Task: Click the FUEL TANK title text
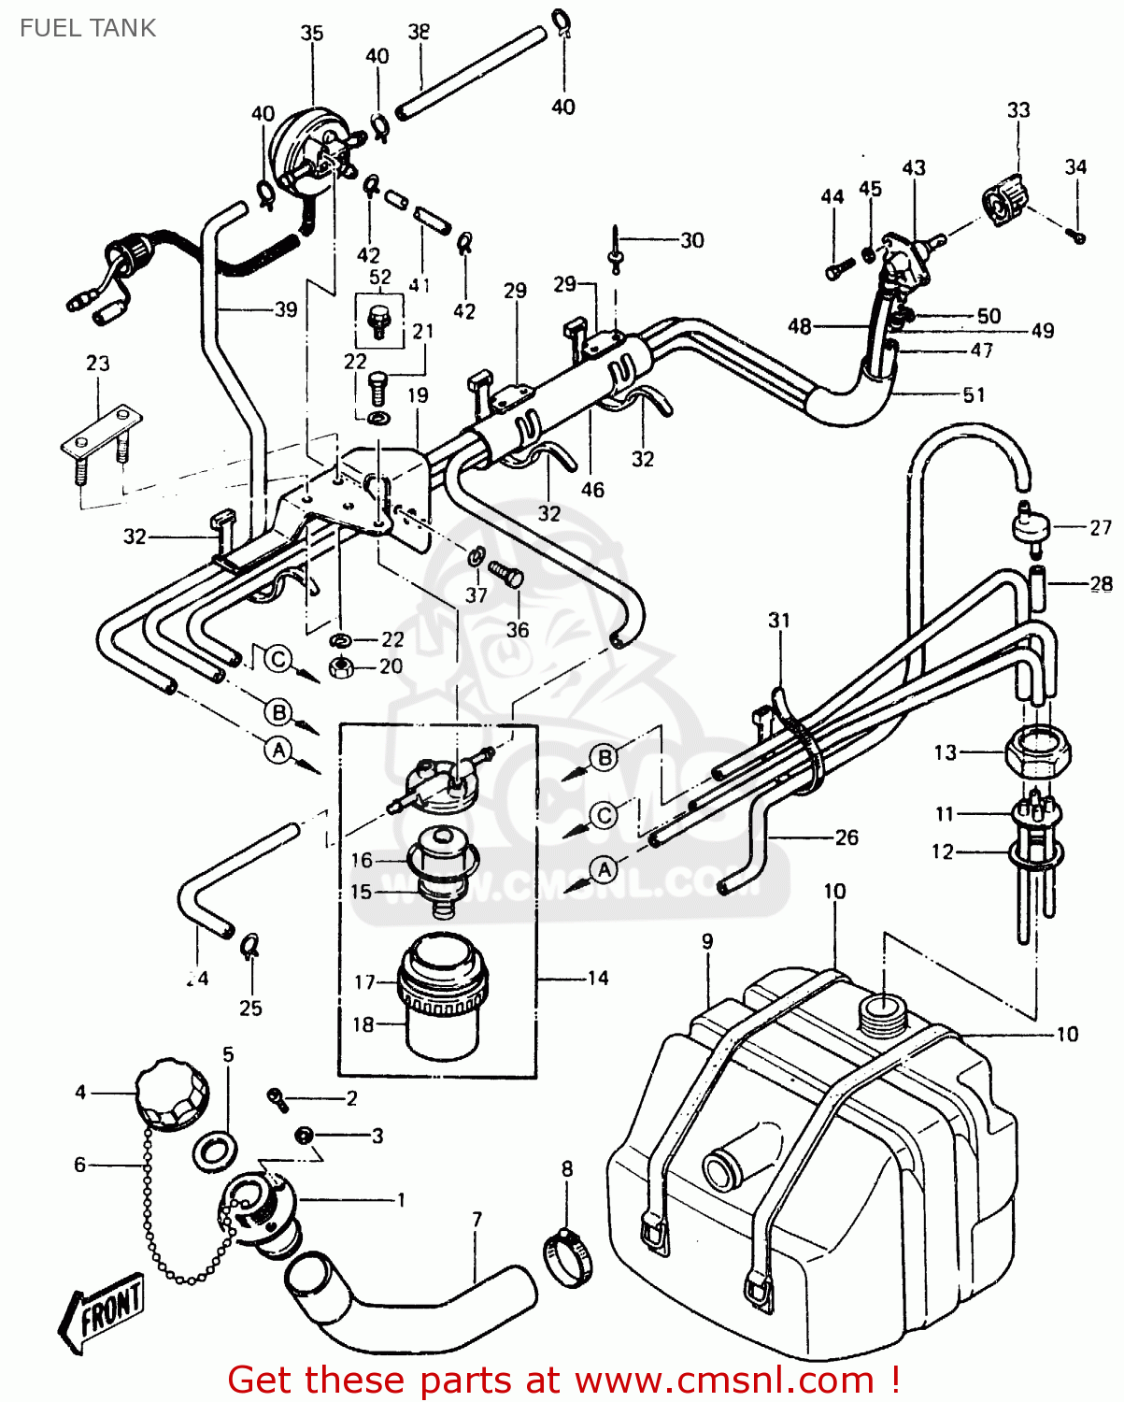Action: tap(88, 28)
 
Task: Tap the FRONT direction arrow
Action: tap(101, 1309)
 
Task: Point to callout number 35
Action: tap(311, 34)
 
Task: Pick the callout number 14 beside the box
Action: tap(597, 978)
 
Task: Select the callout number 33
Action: tap(1017, 110)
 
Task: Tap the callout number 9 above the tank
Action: tap(707, 941)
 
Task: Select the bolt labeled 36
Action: tap(507, 576)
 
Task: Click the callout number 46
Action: tap(592, 489)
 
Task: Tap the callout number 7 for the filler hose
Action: tap(477, 1219)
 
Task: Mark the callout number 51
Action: tap(974, 394)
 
